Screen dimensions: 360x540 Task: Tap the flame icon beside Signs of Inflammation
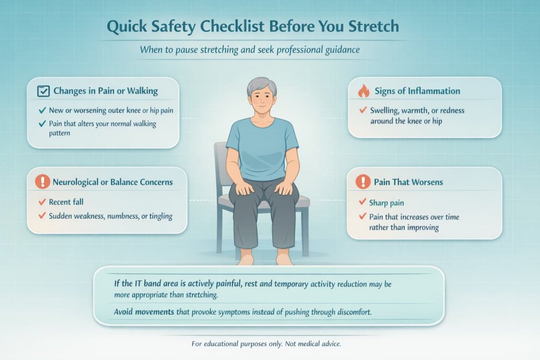363,91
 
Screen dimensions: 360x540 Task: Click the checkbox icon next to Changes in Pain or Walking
44,91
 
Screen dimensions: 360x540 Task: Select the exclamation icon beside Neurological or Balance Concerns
42,182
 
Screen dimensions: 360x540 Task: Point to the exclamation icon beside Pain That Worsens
363,182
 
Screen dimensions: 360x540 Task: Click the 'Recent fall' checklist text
66,202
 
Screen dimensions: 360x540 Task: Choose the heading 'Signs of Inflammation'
417,91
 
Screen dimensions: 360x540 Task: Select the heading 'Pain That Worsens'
408,182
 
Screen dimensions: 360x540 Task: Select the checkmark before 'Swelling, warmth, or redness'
362,111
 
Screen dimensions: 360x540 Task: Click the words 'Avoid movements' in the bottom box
144,312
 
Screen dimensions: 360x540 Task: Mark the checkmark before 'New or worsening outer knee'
42,111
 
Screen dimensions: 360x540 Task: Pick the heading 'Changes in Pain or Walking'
105,91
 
